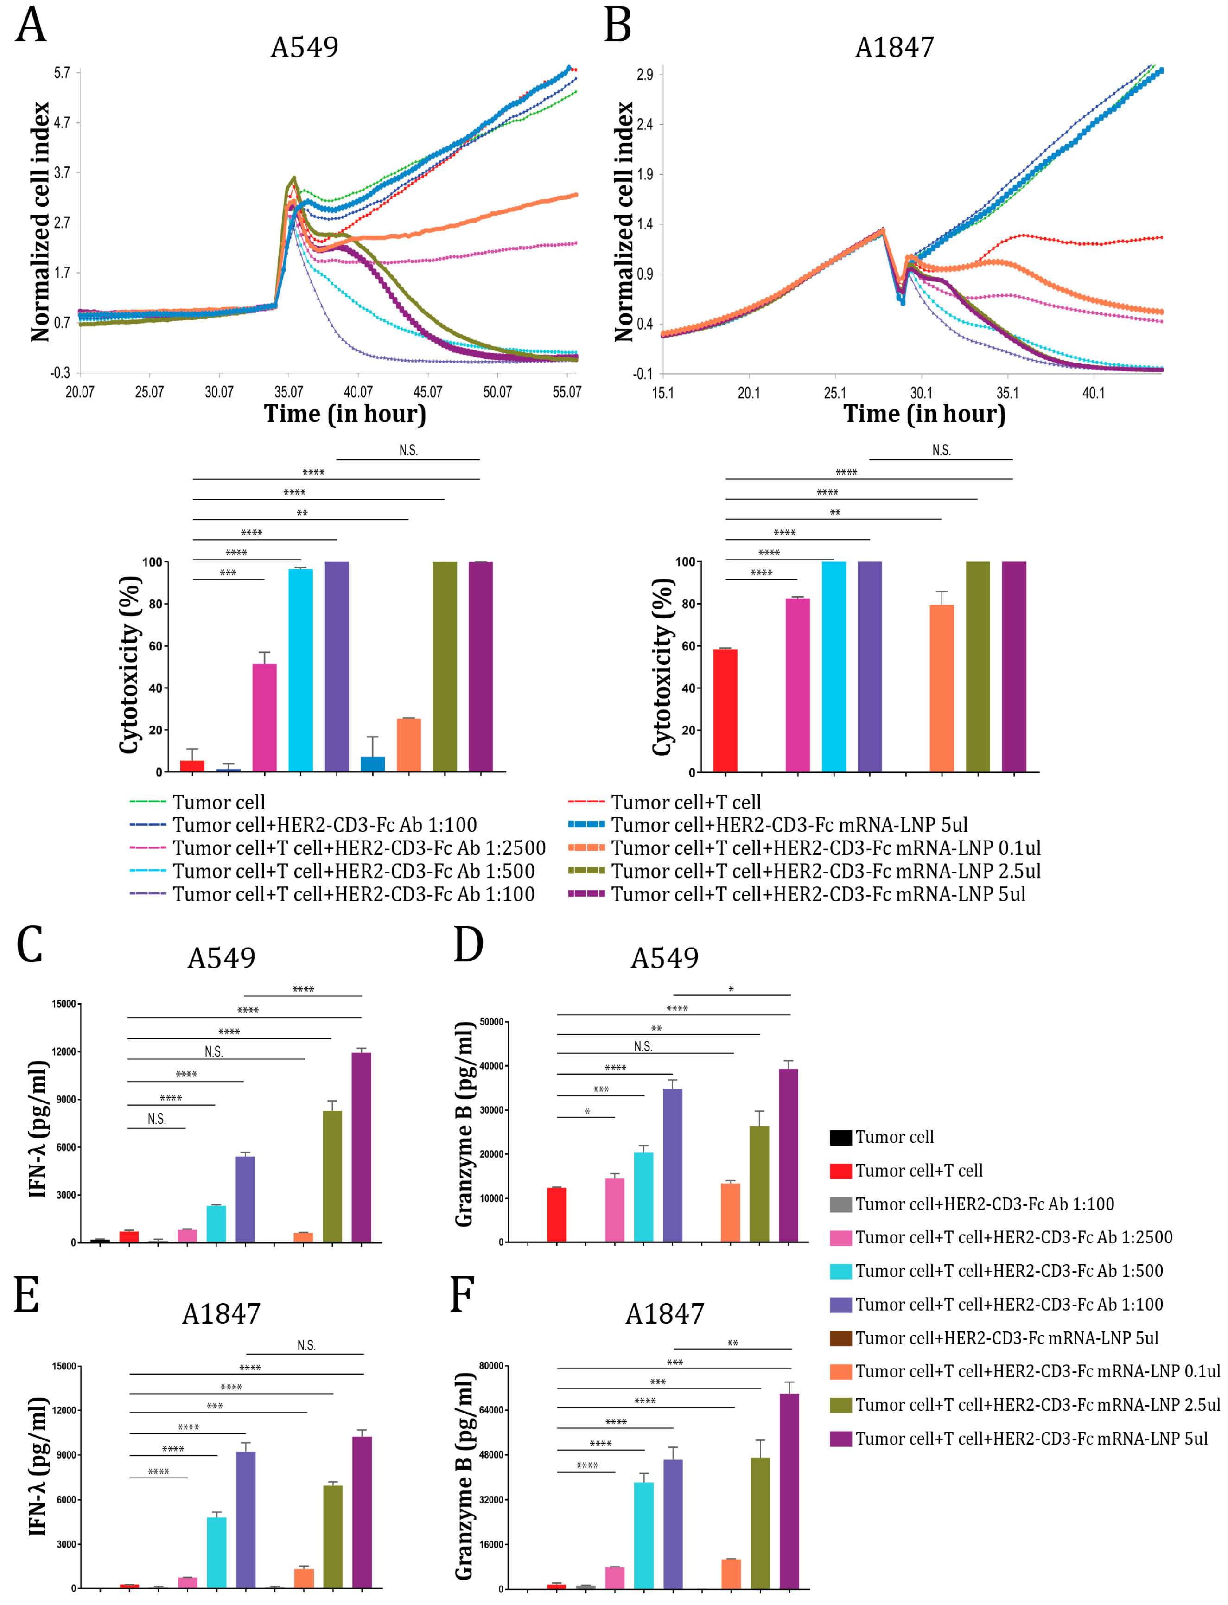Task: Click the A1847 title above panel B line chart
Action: pos(895,47)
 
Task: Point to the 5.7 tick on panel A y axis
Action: pos(62,72)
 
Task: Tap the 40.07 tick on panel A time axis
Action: pos(358,392)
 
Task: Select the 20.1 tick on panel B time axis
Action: pos(749,393)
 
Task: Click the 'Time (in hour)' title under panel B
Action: pos(925,414)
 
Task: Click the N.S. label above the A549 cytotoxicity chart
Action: pos(408,450)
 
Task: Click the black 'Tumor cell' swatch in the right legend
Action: pos(840,1137)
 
